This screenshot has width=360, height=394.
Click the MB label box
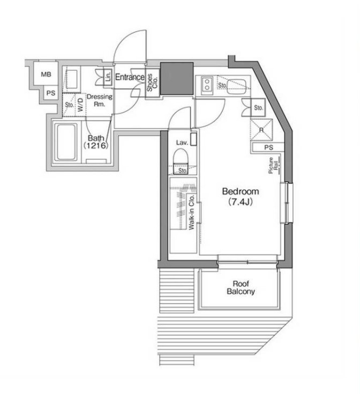pyautogui.click(x=47, y=75)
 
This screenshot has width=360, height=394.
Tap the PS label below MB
pyautogui.click(x=50, y=93)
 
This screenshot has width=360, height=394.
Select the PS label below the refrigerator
pyautogui.click(x=268, y=147)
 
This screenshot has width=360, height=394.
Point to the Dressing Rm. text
pyautogui.click(x=99, y=101)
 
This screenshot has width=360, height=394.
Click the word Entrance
pyautogui.click(x=129, y=77)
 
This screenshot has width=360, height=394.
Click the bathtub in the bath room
pyautogui.click(x=66, y=143)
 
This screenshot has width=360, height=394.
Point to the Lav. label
pyautogui.click(x=181, y=143)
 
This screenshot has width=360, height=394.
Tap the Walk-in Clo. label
pyautogui.click(x=191, y=212)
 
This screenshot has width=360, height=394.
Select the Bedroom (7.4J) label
pyautogui.click(x=241, y=196)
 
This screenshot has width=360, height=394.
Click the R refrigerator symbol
pyautogui.click(x=260, y=129)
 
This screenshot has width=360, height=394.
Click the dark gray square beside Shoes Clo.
pyautogui.click(x=177, y=79)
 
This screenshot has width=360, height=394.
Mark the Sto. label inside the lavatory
pyautogui.click(x=183, y=171)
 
